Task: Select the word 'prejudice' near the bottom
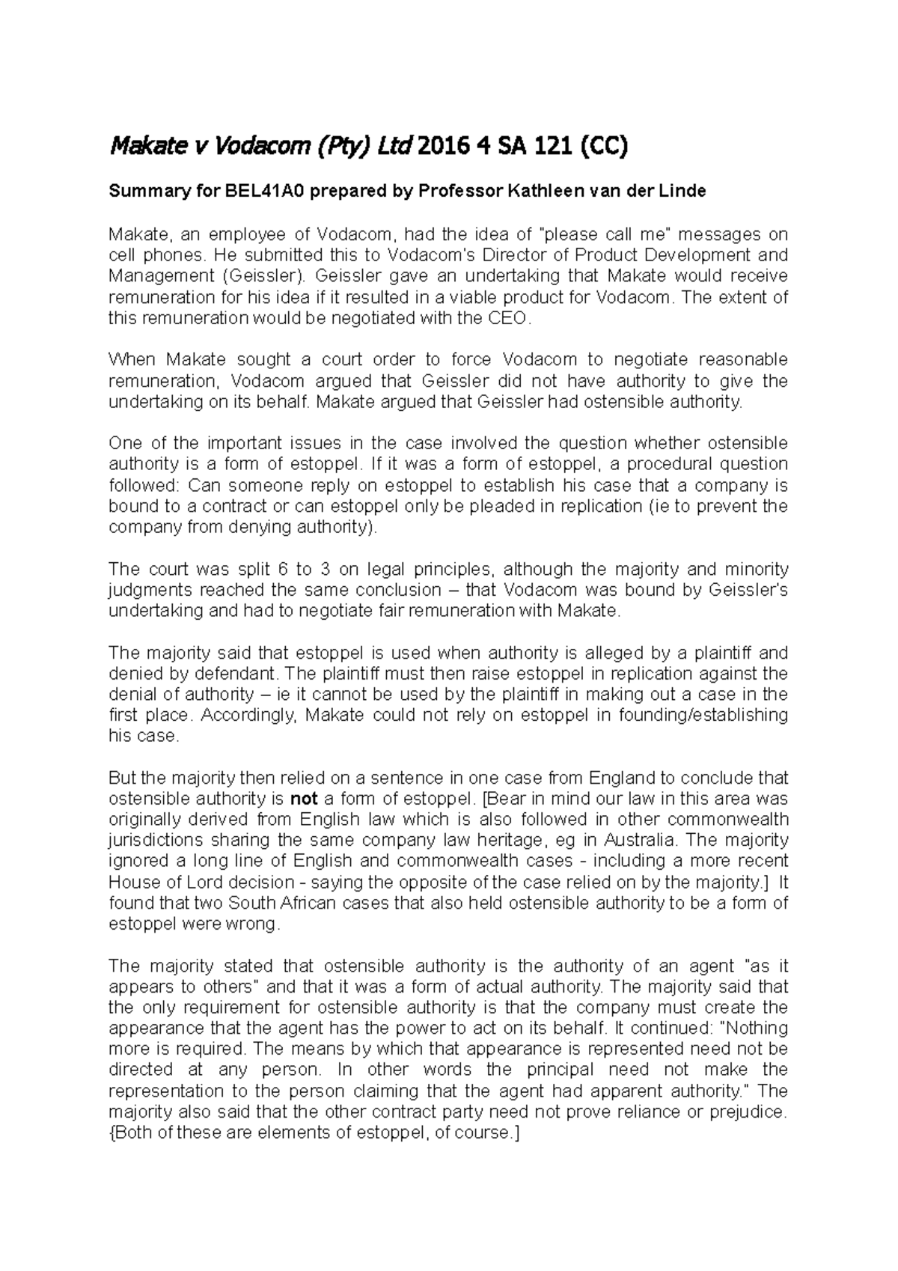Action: (x=749, y=1112)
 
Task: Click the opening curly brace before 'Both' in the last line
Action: (x=112, y=1133)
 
